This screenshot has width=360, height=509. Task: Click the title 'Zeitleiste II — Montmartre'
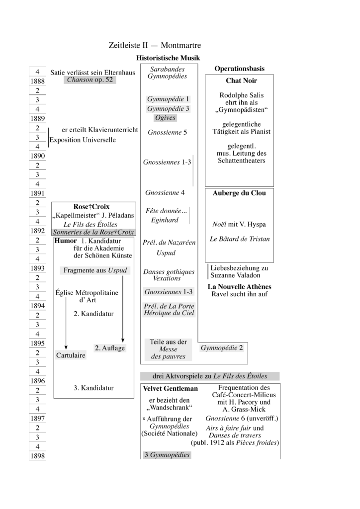point(155,45)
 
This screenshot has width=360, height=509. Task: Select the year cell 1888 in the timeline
point(38,81)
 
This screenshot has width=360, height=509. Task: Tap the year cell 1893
point(38,268)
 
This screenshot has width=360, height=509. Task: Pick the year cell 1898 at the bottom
point(38,456)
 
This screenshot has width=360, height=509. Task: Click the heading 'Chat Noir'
point(241,81)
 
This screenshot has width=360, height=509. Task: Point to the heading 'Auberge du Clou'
point(239,193)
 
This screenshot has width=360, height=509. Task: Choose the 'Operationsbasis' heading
point(239,69)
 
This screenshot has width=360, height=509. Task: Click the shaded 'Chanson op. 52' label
point(90,80)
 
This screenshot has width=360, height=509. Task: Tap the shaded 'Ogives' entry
point(165,118)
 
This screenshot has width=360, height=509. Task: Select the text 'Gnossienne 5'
point(167,133)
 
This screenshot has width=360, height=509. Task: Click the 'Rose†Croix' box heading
point(91,207)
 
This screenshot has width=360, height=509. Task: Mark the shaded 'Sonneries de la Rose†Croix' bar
point(93,232)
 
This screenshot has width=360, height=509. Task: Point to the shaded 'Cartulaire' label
point(71,355)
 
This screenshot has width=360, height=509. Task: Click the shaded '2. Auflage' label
point(110,348)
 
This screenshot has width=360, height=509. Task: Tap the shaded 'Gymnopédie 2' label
point(222,348)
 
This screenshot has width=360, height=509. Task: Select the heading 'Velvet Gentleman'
point(170,388)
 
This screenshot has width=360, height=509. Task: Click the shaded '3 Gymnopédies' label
point(167,455)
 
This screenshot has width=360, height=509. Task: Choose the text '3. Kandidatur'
point(93,388)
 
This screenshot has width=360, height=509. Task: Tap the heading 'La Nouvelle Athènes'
point(239,287)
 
